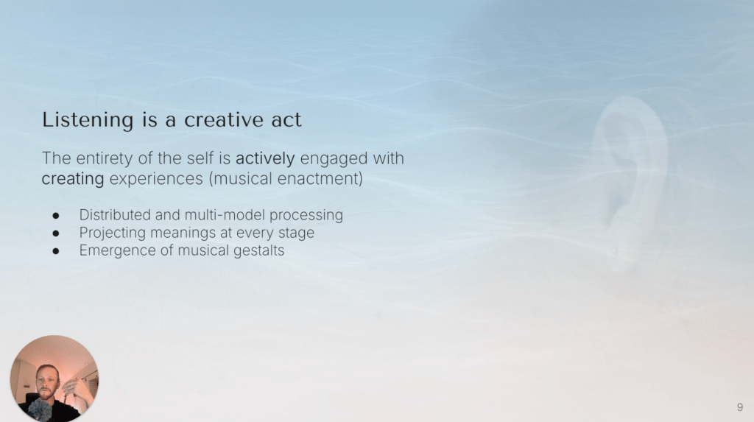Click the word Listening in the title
point(88,120)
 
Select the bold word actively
point(265,159)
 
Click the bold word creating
point(73,179)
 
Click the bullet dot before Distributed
point(56,216)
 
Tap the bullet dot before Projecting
point(56,233)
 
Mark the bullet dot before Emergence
point(56,251)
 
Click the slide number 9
point(740,407)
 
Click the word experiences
point(156,179)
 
